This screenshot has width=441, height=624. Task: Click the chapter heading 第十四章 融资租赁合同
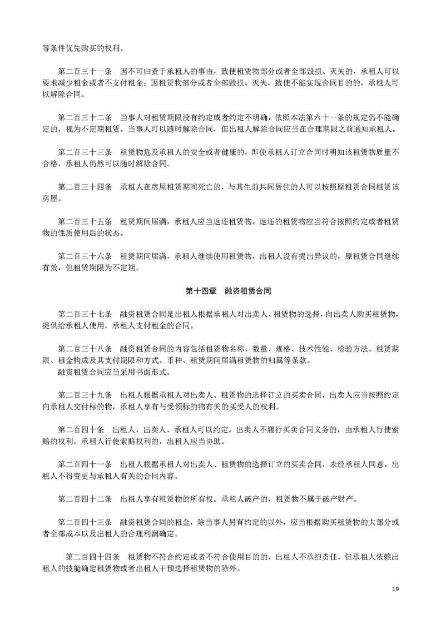click(x=228, y=291)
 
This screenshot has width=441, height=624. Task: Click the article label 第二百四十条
click(x=82, y=430)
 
